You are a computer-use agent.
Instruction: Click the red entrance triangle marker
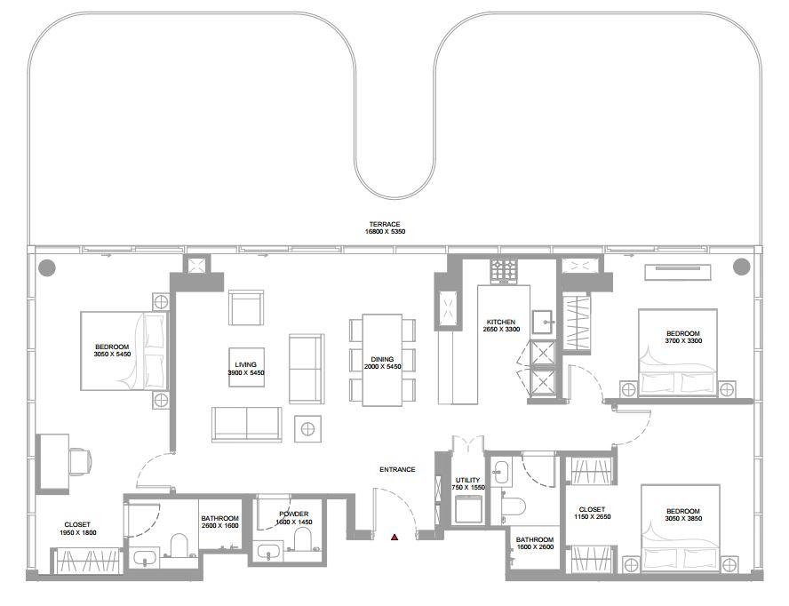click(x=394, y=537)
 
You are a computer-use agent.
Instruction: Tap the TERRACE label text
click(x=385, y=225)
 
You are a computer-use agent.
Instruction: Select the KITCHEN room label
click(x=500, y=323)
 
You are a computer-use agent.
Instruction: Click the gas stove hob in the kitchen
click(x=504, y=272)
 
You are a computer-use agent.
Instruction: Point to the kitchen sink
click(x=544, y=322)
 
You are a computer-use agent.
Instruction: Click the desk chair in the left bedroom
click(x=81, y=461)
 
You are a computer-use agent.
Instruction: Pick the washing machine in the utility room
click(x=468, y=509)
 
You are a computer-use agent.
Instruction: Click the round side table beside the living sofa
click(x=307, y=429)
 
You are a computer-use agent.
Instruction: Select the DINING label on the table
click(x=382, y=359)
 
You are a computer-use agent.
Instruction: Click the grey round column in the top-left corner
click(x=47, y=267)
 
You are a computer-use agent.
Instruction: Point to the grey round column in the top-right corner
click(x=741, y=267)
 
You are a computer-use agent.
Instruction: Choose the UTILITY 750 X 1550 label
click(x=468, y=483)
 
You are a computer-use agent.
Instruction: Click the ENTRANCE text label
click(x=397, y=469)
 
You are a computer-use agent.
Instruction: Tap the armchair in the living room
click(x=247, y=307)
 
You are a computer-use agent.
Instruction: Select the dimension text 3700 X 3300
click(x=683, y=340)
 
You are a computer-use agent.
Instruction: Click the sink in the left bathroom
click(x=147, y=558)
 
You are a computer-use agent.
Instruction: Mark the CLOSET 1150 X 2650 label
click(x=593, y=513)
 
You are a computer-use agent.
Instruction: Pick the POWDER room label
click(x=294, y=514)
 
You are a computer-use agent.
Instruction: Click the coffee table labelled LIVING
click(x=247, y=368)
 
